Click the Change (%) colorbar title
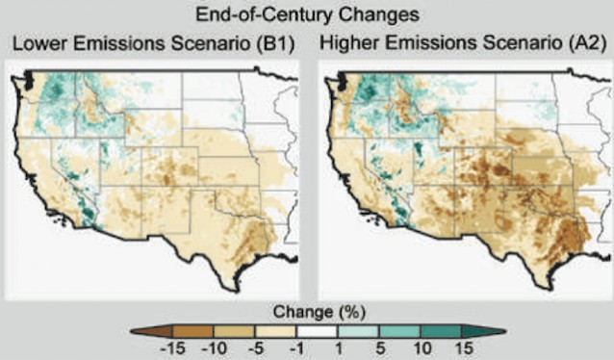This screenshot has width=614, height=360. coord(307,313)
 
